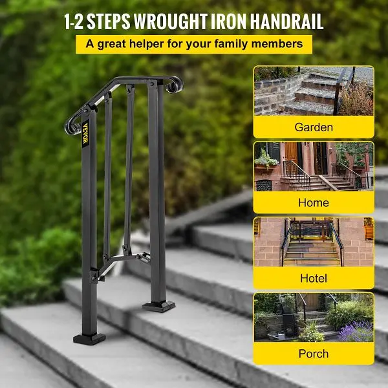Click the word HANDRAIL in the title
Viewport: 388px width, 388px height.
(286, 21)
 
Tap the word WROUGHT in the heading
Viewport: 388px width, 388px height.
(171, 21)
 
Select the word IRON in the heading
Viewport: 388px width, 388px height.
(228, 21)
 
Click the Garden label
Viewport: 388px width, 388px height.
(314, 127)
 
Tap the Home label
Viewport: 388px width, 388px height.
(314, 202)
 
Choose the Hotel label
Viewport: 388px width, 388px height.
(314, 278)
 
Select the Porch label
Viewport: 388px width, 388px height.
(314, 354)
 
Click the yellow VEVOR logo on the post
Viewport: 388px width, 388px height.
(85, 133)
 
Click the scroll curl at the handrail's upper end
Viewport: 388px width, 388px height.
(174, 84)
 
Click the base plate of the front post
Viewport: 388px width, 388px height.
(89, 338)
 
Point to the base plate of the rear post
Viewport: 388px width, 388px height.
(158, 306)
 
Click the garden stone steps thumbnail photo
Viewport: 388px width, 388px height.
(314, 91)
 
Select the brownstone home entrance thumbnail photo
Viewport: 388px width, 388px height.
(314, 166)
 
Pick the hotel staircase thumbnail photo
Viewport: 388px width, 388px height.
(314, 242)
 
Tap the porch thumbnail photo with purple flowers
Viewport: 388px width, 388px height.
(314, 318)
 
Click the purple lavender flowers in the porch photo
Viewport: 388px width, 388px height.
(357, 331)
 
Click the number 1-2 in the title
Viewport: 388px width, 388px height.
(74, 22)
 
